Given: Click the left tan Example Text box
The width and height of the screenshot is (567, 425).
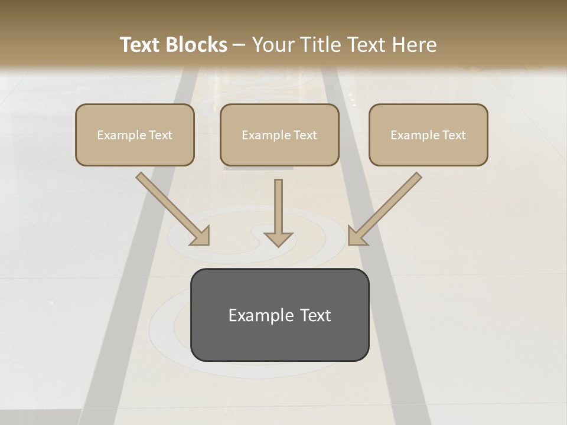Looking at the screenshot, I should (135, 135).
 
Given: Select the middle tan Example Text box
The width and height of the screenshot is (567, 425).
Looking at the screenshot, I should (279, 135).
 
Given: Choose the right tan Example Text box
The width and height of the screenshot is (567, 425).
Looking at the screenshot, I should (428, 135).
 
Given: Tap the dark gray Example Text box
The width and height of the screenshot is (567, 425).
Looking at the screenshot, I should (279, 315).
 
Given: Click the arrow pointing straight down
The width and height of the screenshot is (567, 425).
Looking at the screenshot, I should (278, 212).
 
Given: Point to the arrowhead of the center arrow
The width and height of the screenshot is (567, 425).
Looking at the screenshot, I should (278, 239).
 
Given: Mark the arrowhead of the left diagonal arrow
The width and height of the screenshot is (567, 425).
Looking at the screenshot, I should (201, 237).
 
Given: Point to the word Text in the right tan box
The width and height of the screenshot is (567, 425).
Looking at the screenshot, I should (454, 135).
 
